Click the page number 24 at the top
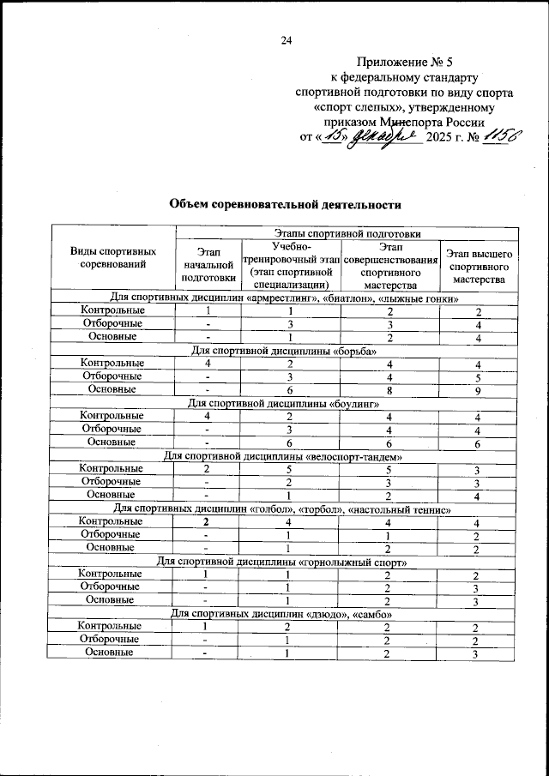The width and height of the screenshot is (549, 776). pos(287,40)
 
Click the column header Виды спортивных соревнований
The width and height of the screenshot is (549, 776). pos(112,257)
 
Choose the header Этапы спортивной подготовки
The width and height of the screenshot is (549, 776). pos(347,232)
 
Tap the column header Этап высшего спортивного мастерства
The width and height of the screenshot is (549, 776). pos(480,266)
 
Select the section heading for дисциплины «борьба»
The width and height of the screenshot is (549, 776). pos(284,350)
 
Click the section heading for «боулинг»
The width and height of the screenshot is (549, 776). pos(284,402)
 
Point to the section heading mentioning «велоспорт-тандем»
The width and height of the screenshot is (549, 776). pos(284,455)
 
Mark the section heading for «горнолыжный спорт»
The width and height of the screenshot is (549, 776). pos(284,562)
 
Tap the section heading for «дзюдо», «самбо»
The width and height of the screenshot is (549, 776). pos(284,614)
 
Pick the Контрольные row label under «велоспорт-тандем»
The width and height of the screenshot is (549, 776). pos(112,469)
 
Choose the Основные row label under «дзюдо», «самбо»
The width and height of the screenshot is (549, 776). pos(112,653)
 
